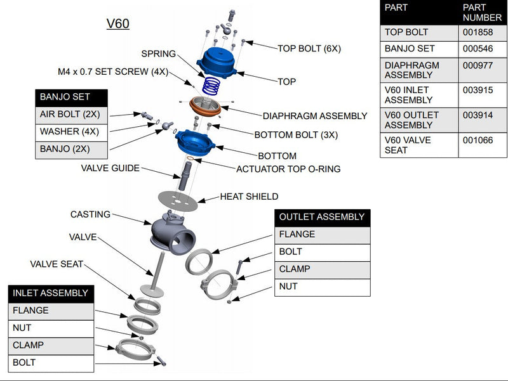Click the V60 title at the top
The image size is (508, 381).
[117, 24]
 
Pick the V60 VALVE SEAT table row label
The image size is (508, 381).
[407, 145]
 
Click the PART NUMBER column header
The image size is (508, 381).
[482, 13]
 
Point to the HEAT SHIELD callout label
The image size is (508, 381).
[249, 197]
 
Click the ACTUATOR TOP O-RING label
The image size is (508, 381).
[288, 169]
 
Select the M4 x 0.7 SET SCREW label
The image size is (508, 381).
[113, 72]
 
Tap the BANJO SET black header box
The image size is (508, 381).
[71, 97]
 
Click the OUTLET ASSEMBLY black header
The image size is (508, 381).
[322, 217]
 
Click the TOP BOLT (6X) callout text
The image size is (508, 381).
[309, 48]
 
